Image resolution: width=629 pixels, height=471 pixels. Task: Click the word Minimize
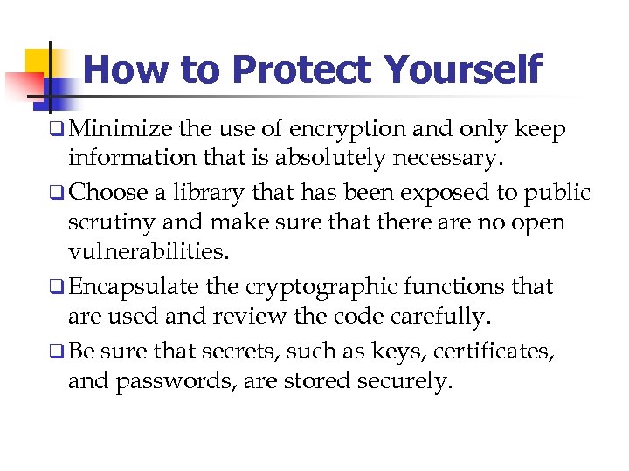120,130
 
